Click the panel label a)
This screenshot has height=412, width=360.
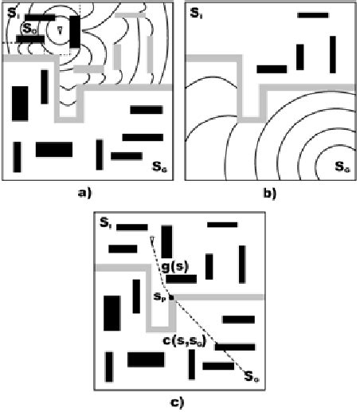[83, 192]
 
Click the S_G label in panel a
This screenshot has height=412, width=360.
[158, 167]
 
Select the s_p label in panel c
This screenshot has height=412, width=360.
[159, 296]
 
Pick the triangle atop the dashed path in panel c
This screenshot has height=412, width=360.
[151, 240]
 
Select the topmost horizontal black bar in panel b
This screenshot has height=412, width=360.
[312, 15]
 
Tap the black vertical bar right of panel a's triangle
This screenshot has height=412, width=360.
[74, 32]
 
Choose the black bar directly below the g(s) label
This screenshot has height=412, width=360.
[182, 279]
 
